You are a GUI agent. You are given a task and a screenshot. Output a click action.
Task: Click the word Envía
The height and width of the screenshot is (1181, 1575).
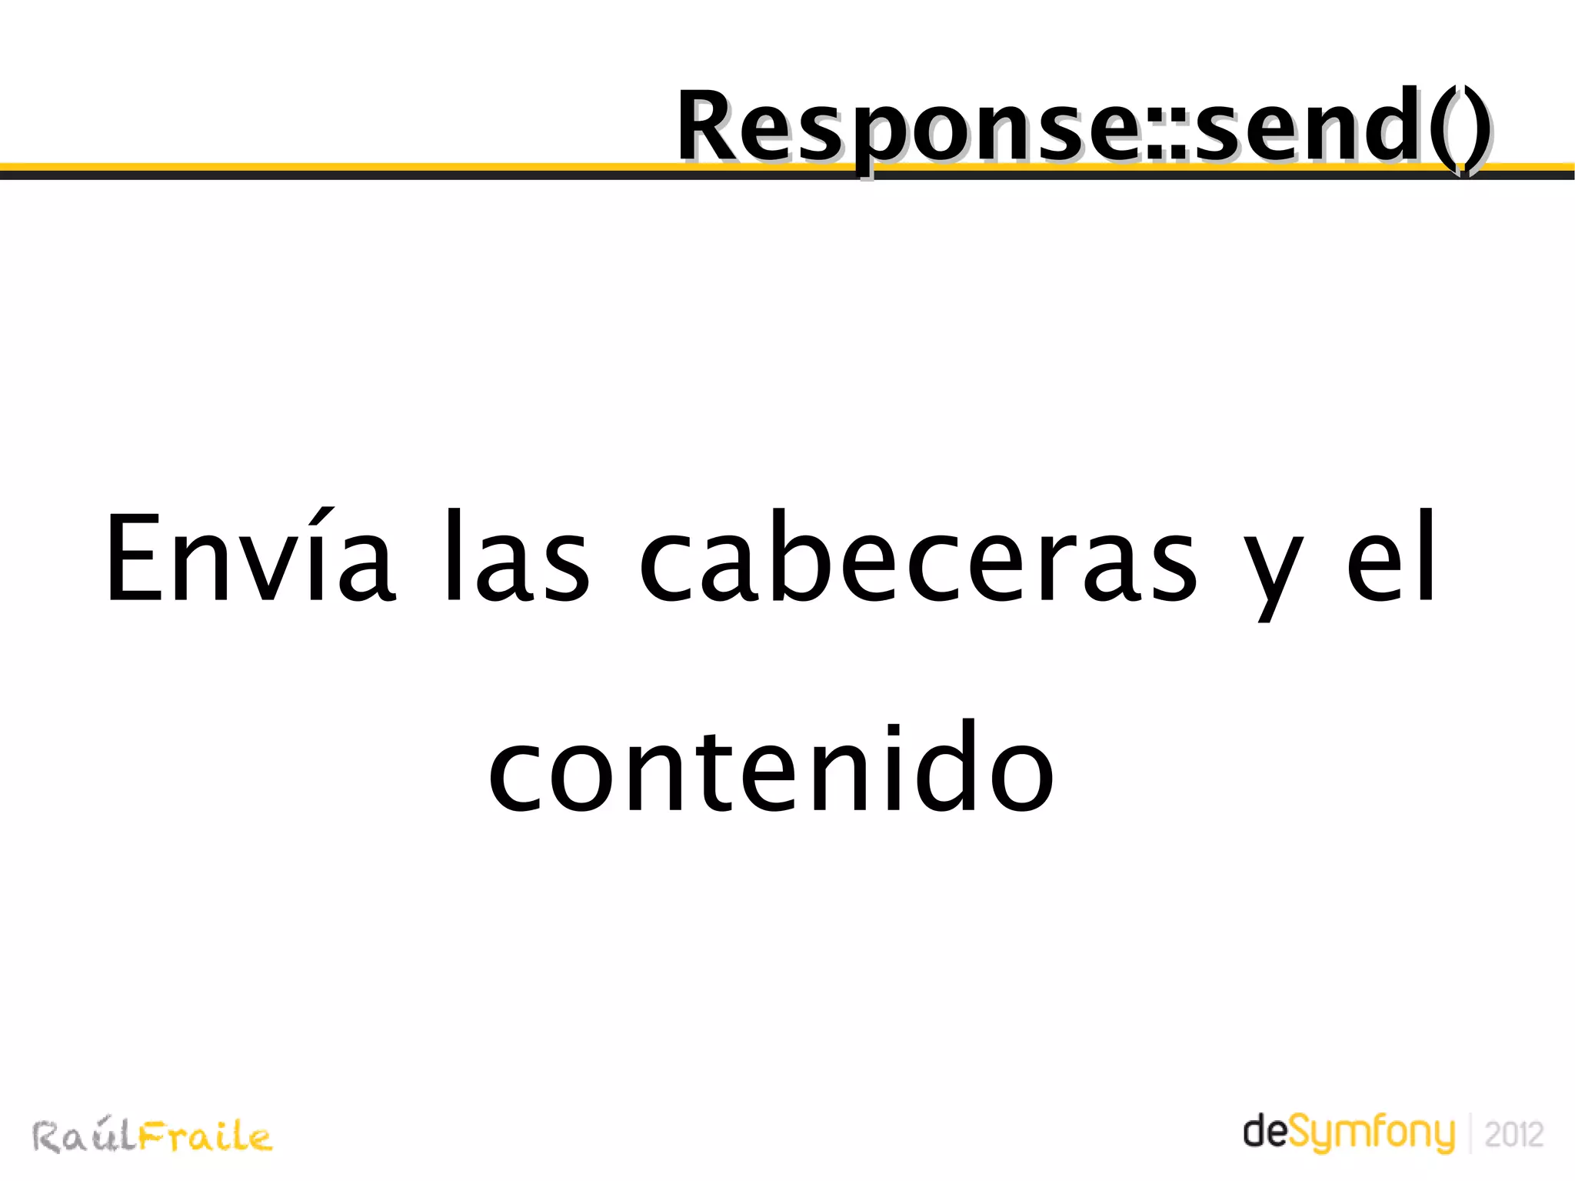250,558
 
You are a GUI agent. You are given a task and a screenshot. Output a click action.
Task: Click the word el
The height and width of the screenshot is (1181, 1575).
1390,558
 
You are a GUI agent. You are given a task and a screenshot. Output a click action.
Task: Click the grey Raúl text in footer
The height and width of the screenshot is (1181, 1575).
85,1136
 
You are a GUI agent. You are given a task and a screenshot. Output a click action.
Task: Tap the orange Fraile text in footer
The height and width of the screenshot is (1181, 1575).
205,1136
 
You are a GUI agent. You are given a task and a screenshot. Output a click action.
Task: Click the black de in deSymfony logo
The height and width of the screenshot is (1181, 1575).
1265,1133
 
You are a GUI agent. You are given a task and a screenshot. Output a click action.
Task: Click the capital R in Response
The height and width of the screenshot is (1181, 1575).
711,127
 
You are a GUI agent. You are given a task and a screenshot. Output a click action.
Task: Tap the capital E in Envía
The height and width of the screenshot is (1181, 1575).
135,558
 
